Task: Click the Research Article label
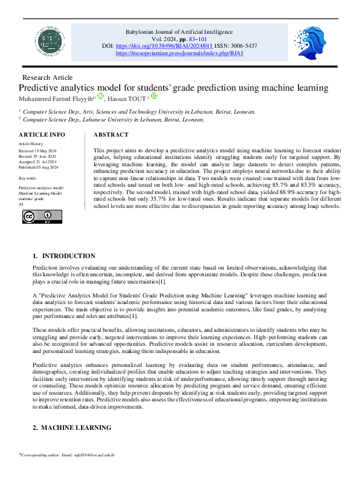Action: (47, 77)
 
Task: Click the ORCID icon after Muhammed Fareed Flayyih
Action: (101, 97)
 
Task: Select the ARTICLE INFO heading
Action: (42, 134)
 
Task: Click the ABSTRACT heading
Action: (111, 134)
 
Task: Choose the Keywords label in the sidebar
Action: (28, 178)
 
